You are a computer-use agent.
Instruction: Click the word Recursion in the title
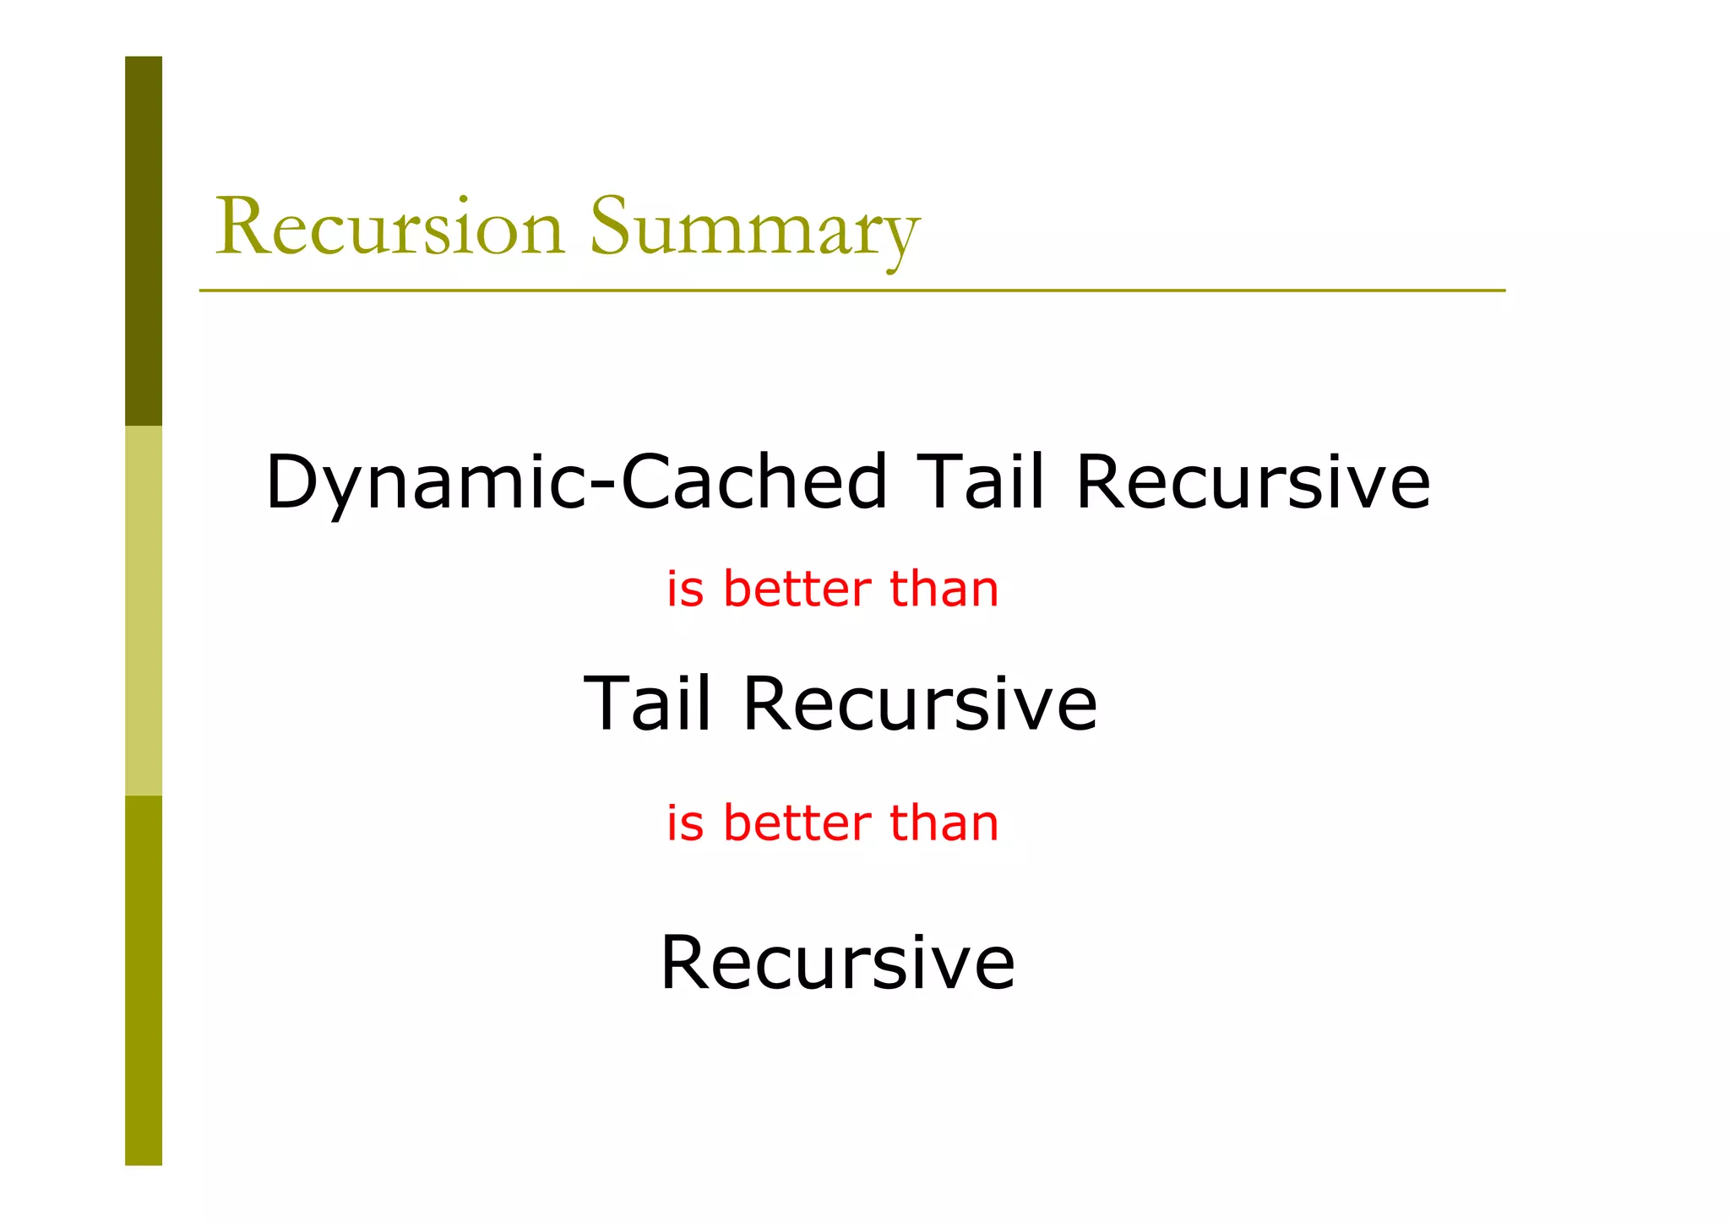(389, 226)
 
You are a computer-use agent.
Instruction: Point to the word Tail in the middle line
(647, 703)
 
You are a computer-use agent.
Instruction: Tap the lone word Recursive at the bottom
(836, 962)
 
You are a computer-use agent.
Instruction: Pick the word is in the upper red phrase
(684, 589)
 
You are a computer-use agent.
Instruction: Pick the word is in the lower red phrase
(684, 823)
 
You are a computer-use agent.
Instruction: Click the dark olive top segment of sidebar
(144, 241)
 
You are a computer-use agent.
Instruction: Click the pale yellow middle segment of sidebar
(144, 610)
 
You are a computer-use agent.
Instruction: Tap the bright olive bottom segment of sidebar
(144, 980)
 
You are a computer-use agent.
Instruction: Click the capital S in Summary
(614, 226)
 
